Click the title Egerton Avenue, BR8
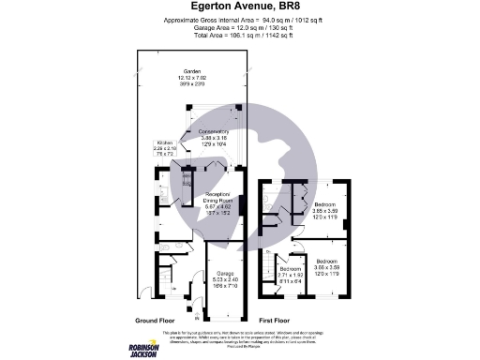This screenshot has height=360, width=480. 239,7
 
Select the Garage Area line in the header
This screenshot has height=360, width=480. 239,26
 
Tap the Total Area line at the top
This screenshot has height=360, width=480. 239,34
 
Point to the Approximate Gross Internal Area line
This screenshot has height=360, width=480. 239,20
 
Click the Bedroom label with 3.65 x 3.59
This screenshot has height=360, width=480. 326,204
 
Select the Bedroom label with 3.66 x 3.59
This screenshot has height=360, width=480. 327,260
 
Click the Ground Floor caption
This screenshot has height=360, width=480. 156,319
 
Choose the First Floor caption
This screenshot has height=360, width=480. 277,319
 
